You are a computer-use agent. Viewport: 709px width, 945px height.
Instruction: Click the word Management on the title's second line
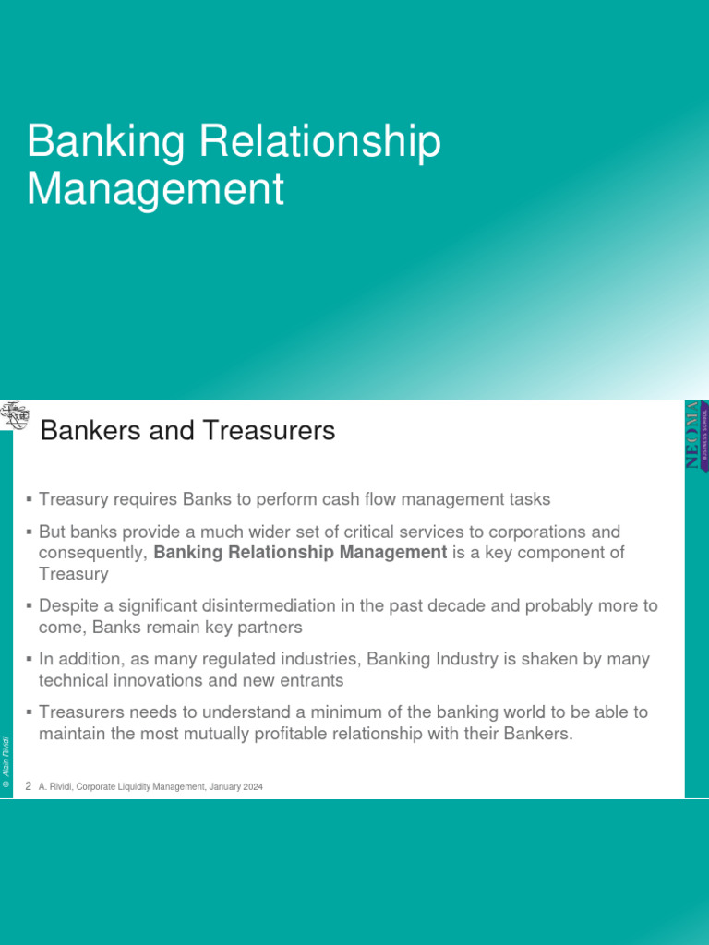[x=155, y=189]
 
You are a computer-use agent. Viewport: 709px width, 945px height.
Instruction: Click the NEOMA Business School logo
[x=696, y=435]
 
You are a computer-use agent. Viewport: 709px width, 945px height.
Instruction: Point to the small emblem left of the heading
[x=14, y=416]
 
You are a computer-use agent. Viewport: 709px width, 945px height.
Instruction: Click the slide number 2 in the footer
[x=29, y=786]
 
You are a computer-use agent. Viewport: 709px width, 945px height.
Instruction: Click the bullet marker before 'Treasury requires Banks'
[x=30, y=499]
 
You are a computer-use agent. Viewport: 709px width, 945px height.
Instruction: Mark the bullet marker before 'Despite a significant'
[x=30, y=606]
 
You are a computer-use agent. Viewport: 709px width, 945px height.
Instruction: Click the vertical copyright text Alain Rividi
[x=6, y=760]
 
